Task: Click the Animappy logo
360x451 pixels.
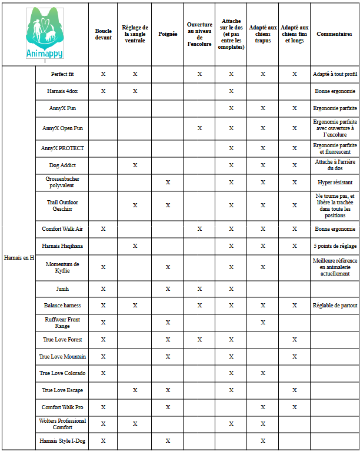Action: [x=45, y=34]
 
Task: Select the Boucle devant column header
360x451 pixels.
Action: [x=103, y=34]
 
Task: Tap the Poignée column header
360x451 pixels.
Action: [x=168, y=34]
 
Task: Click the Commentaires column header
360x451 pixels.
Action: [x=334, y=34]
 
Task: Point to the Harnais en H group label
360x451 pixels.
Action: [x=19, y=257]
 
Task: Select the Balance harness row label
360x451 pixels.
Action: [x=62, y=306]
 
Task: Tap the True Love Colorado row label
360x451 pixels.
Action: [x=62, y=373]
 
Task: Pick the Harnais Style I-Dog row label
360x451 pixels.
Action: [x=62, y=440]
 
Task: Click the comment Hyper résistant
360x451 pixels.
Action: [x=335, y=183]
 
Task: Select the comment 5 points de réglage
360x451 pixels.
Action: [x=335, y=246]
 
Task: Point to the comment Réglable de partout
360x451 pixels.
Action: [x=335, y=306]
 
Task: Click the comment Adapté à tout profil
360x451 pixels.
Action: [x=335, y=74]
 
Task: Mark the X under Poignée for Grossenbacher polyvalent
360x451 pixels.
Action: [x=168, y=183]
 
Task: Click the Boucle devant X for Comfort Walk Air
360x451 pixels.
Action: [x=103, y=228]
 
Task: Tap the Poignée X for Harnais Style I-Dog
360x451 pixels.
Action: [x=168, y=440]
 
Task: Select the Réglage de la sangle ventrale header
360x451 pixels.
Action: [x=135, y=34]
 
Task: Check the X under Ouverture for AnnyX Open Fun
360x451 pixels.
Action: [x=199, y=128]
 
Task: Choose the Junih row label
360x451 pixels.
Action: [x=62, y=289]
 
